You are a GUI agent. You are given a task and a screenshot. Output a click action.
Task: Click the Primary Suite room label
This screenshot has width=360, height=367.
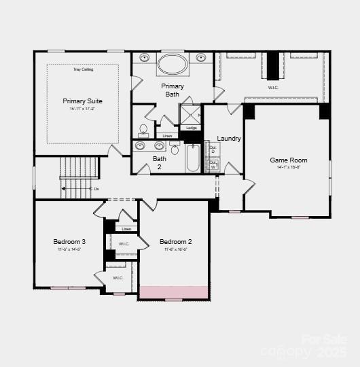(82, 101)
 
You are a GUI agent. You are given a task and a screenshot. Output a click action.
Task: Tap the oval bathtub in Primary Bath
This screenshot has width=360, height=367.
(173, 64)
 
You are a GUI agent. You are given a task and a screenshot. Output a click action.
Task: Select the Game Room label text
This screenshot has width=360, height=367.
(289, 160)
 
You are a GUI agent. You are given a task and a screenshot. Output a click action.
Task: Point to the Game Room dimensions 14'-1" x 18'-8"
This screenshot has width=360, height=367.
(289, 167)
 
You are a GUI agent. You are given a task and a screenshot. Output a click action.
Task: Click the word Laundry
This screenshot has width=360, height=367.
(229, 139)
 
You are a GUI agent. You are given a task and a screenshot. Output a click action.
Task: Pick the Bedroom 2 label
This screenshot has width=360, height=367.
(175, 242)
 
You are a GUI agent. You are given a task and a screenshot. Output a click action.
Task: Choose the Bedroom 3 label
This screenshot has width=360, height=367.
(69, 242)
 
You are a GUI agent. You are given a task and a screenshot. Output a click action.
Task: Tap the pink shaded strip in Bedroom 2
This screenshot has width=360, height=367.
(173, 292)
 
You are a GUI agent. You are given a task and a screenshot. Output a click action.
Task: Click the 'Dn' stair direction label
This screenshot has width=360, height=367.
(96, 188)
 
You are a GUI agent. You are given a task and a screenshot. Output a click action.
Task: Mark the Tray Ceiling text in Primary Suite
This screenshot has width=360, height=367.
(83, 69)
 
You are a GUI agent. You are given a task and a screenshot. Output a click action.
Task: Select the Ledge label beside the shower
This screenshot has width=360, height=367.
(192, 128)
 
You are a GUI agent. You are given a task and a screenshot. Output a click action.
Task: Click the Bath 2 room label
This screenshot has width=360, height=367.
(160, 162)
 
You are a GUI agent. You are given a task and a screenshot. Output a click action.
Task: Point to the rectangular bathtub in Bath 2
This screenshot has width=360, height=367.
(193, 158)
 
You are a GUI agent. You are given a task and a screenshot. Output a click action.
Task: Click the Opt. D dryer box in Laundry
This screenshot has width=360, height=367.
(213, 149)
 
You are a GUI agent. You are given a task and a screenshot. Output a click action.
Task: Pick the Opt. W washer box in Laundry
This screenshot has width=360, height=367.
(213, 164)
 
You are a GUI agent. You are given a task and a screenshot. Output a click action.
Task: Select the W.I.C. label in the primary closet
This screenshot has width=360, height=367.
(273, 87)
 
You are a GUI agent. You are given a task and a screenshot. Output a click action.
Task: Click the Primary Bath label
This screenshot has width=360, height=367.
(173, 90)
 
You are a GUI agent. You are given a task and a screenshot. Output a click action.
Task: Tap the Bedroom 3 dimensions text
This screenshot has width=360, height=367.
(69, 249)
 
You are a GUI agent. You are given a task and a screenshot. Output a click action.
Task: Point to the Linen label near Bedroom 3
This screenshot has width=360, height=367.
(126, 229)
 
